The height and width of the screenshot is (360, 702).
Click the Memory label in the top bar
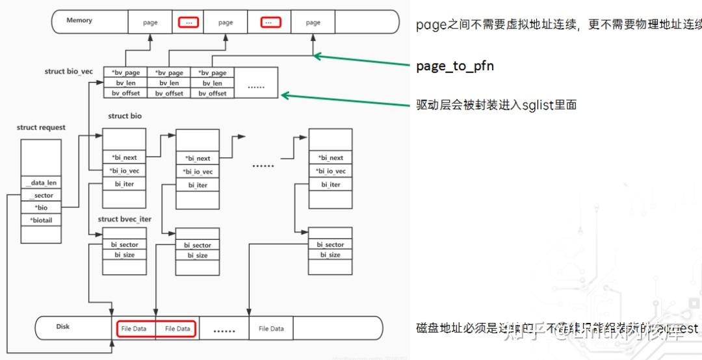coord(79,21)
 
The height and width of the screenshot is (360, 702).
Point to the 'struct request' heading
coord(41,127)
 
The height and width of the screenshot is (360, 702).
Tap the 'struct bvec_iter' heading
coord(124,219)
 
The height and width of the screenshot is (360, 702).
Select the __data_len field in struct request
coord(42,183)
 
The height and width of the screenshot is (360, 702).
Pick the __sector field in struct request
coord(42,196)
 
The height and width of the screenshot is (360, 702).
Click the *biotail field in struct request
coord(42,220)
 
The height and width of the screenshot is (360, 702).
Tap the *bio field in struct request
coord(42,208)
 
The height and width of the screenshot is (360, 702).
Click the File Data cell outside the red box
coord(271,329)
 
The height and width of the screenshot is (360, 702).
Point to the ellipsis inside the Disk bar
coord(224,330)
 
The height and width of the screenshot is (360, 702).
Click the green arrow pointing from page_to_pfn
coord(364,61)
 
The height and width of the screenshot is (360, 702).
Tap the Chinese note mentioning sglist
coord(497,105)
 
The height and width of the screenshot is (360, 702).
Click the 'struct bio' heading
coord(125,116)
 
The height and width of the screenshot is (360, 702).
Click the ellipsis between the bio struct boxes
coord(263,165)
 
